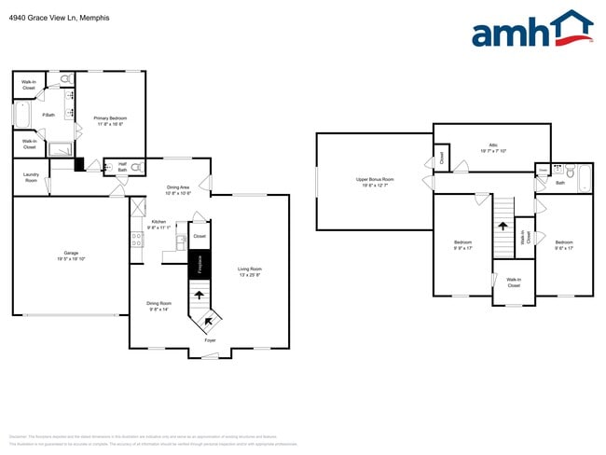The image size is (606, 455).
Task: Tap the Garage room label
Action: (x=71, y=254)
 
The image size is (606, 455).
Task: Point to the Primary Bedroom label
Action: (x=110, y=120)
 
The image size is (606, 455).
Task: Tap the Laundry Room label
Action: (x=31, y=178)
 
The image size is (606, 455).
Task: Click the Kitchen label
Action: (x=158, y=224)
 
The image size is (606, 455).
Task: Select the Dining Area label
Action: (x=178, y=190)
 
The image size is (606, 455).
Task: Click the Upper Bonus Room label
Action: (x=375, y=181)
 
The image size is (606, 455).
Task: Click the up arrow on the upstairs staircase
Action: (x=503, y=225)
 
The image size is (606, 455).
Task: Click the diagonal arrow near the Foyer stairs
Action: (x=207, y=322)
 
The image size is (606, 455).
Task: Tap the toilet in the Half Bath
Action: (x=137, y=168)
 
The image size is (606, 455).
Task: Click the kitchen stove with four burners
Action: (x=137, y=240)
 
